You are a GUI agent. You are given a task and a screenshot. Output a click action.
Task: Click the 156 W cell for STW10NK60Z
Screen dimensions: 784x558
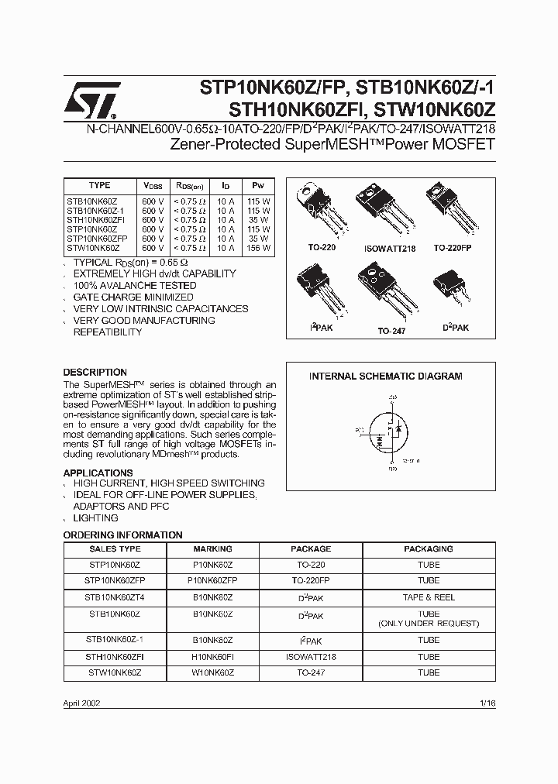(258, 248)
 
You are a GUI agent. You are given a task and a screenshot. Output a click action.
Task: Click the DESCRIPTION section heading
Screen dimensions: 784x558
(95, 373)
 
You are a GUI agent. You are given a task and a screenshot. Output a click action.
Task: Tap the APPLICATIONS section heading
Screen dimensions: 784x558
(98, 473)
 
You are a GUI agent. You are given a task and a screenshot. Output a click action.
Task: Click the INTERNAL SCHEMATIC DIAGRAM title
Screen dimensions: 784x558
(385, 377)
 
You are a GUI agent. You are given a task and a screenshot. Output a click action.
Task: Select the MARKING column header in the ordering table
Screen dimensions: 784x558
(212, 548)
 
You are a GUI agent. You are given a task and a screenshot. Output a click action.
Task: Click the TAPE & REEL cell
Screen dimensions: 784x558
(429, 597)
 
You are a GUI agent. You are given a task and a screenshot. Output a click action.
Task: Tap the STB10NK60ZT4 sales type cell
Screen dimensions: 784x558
(115, 597)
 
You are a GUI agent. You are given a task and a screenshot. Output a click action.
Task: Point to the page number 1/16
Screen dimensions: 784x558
(487, 703)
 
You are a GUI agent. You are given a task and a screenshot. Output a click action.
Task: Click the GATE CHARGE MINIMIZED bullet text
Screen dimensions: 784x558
(133, 297)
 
